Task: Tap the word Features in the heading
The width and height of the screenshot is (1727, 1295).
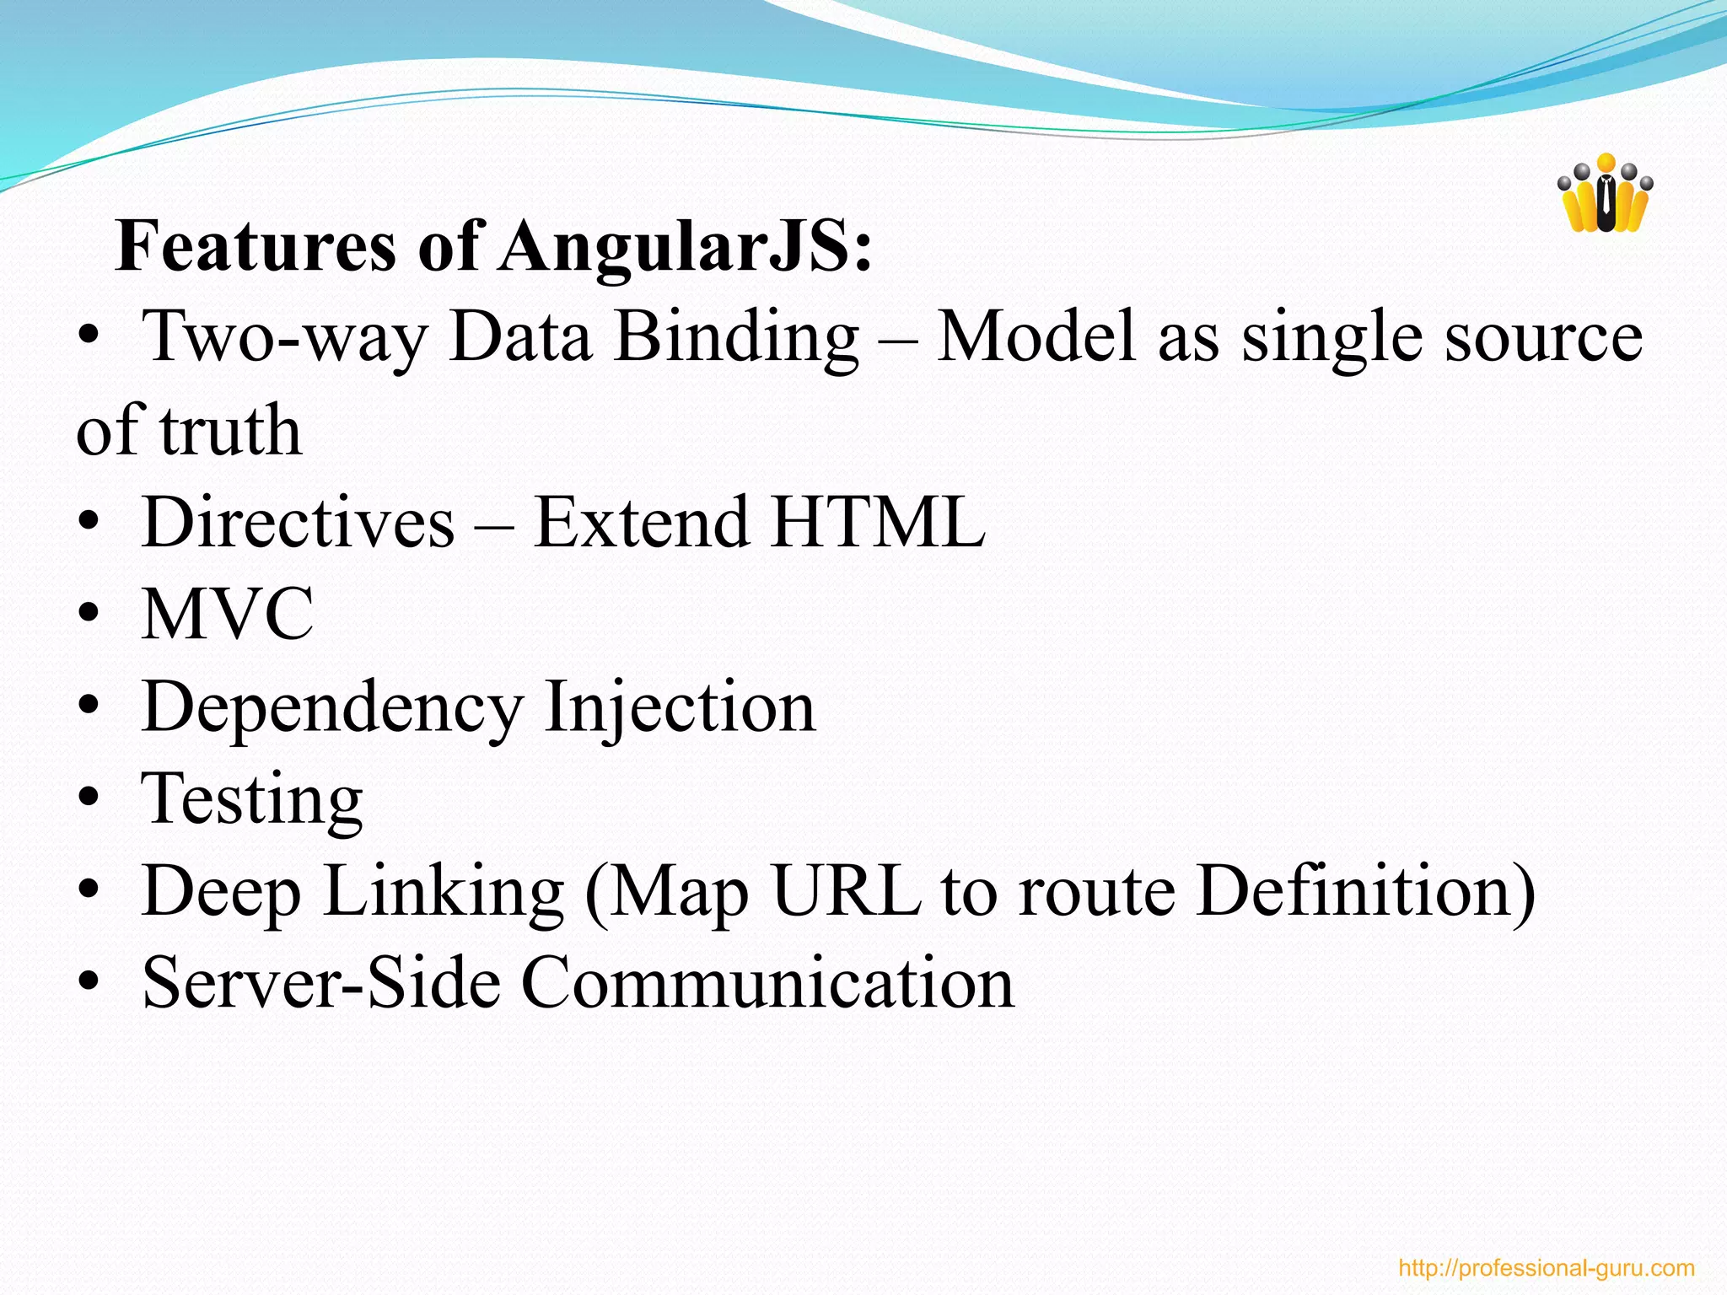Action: [256, 246]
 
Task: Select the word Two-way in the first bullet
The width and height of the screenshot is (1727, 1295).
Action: [285, 337]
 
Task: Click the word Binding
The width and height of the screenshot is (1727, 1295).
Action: [736, 337]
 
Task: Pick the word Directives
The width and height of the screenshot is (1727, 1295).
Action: [298, 522]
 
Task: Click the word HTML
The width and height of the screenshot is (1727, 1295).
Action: [877, 522]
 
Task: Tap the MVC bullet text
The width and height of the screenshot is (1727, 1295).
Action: [228, 614]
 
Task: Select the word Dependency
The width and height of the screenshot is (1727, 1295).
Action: [332, 707]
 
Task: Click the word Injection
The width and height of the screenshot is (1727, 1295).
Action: [680, 707]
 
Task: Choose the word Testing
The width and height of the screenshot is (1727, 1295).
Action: [252, 798]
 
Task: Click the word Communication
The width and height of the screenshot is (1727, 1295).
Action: [767, 983]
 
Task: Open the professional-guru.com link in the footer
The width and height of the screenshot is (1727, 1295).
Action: [1546, 1268]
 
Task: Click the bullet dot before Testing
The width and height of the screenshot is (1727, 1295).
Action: [88, 799]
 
